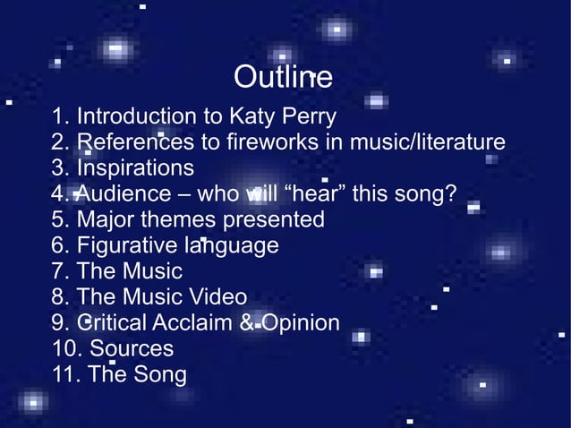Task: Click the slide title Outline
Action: tap(283, 78)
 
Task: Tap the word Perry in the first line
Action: tap(310, 117)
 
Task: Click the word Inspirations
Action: tap(135, 168)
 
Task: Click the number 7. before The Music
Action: tap(62, 271)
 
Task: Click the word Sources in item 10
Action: tap(132, 348)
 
